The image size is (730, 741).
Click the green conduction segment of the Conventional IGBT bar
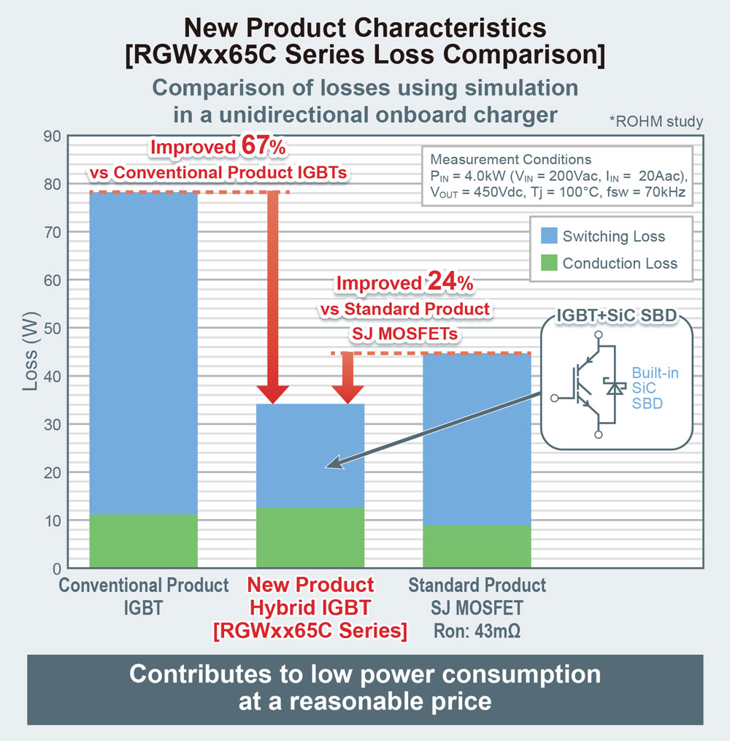pyautogui.click(x=143, y=540)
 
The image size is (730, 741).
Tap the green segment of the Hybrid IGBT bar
pyautogui.click(x=310, y=537)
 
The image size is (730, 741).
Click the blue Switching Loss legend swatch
pyautogui.click(x=549, y=236)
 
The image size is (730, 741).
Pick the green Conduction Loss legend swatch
pyautogui.click(x=549, y=263)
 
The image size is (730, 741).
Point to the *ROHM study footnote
pyautogui.click(x=656, y=121)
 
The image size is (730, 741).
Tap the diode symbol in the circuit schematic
pyautogui.click(x=615, y=388)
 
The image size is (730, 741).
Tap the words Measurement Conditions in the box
pyautogui.click(x=511, y=160)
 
